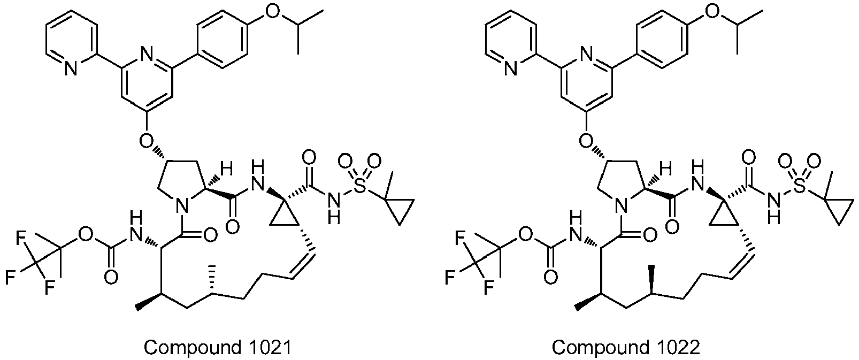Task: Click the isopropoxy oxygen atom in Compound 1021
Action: (272, 12)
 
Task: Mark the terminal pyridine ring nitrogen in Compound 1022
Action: (511, 68)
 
